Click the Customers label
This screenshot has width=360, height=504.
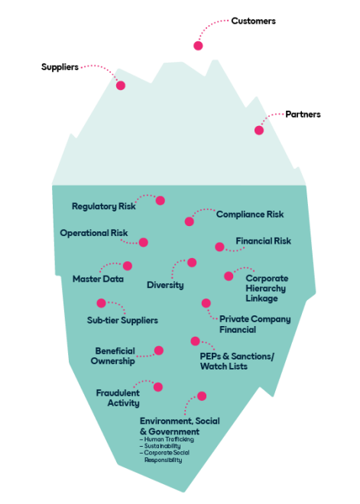point(253,21)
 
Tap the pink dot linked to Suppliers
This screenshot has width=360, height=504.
point(121,86)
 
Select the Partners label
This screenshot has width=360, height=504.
point(303,115)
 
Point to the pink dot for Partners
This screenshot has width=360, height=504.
point(259,130)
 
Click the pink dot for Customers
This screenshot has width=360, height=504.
point(198,46)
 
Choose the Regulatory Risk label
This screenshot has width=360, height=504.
point(104,206)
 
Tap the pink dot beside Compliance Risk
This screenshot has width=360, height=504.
point(189,221)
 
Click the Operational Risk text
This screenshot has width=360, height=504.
point(93,233)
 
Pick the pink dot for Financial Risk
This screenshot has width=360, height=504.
point(219,247)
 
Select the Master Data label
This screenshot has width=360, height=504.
point(98,279)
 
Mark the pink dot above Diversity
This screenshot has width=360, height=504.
point(192,263)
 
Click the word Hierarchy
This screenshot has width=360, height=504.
point(266,289)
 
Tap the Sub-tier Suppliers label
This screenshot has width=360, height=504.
point(122,320)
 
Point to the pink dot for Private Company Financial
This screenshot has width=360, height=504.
point(206,303)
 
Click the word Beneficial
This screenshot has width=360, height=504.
point(115,351)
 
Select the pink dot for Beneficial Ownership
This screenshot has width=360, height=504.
point(159,351)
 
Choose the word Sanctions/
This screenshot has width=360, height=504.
point(252,356)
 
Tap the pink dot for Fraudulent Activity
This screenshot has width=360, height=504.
point(158,387)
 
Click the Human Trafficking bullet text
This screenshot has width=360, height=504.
point(167,439)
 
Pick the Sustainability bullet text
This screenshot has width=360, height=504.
point(161,446)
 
